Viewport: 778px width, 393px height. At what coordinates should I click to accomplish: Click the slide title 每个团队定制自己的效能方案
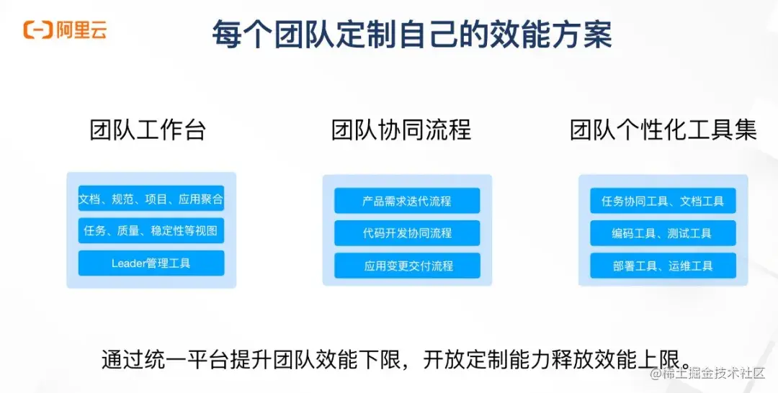(412, 33)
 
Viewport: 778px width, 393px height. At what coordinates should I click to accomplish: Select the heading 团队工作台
(148, 130)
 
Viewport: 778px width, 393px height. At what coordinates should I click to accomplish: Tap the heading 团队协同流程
(401, 130)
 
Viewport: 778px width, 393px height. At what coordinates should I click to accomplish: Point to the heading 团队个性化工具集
(663, 130)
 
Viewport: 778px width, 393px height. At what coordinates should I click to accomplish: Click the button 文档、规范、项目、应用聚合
(151, 199)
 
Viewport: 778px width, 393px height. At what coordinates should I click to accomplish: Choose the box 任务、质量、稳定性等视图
(151, 231)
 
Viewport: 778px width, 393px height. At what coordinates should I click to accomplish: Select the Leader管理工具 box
(151, 263)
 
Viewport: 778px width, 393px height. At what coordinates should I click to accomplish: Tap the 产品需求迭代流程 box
(407, 201)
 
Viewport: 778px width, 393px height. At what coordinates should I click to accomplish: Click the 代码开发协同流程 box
(407, 233)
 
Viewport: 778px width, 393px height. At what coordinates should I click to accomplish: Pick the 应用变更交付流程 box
(407, 266)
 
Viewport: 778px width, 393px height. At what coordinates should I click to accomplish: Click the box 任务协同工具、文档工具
(663, 201)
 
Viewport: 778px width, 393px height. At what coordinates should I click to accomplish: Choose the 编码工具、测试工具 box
(663, 233)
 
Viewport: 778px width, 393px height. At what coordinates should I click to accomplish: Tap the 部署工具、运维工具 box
(663, 266)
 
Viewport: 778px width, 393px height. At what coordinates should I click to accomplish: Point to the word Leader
(129, 263)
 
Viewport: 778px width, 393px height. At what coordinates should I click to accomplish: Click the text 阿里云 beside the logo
(81, 30)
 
